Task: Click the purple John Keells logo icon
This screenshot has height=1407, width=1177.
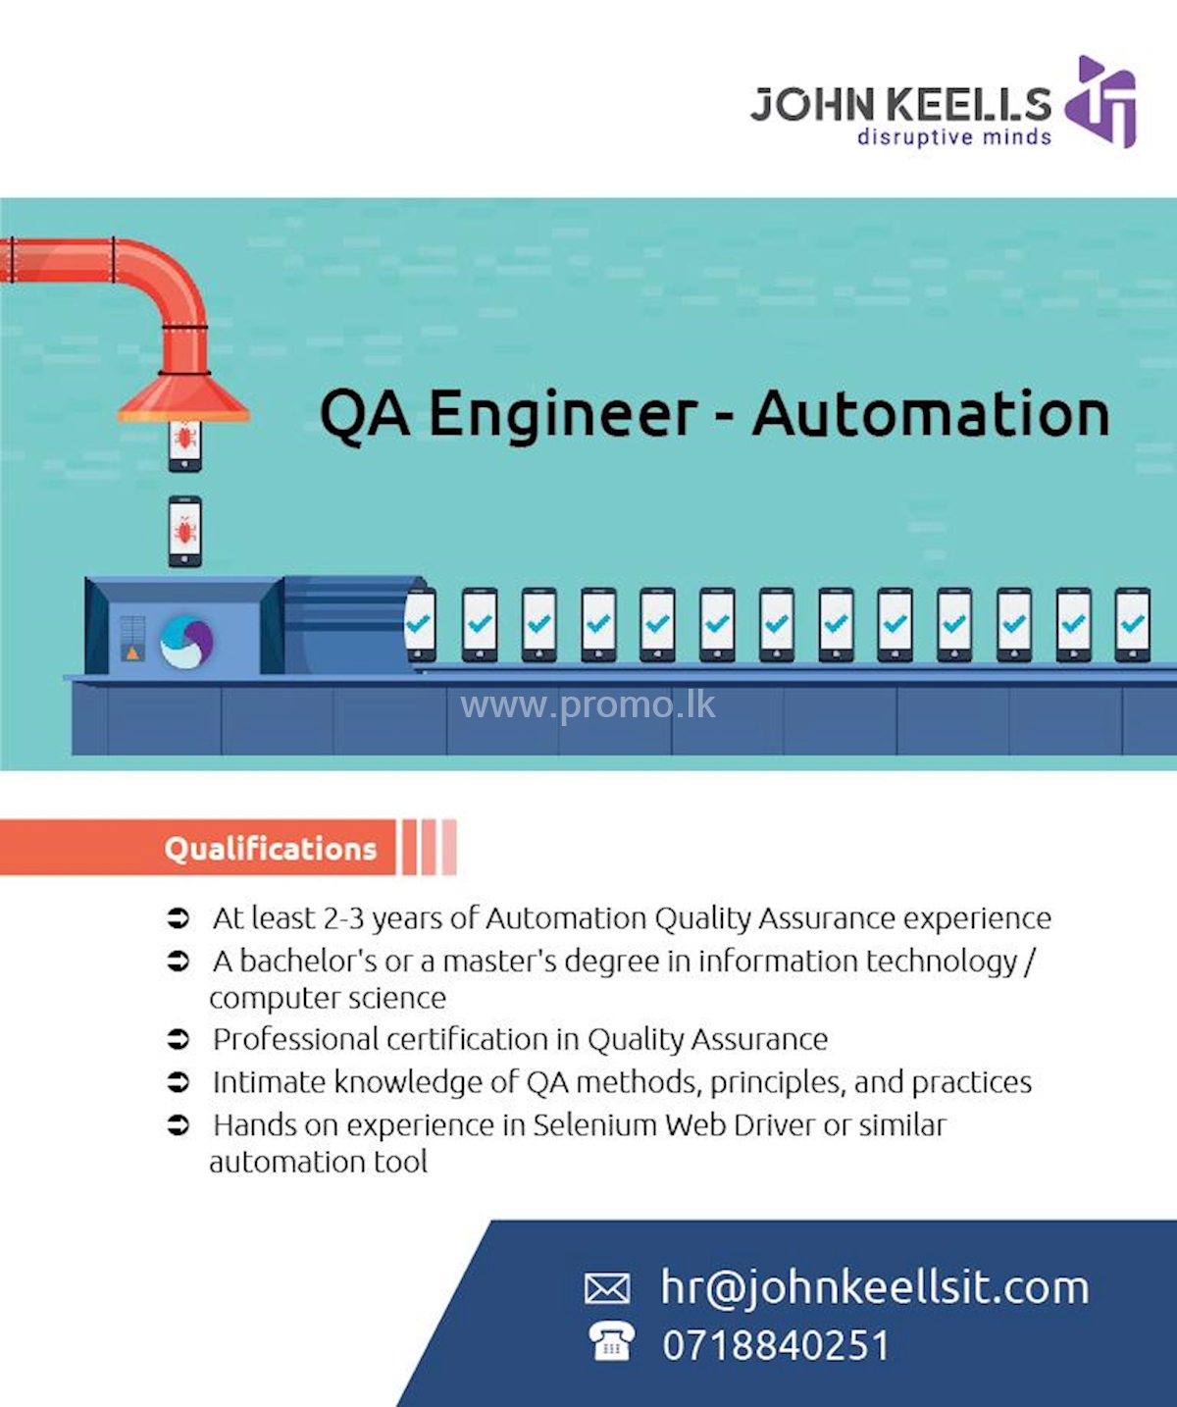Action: click(1102, 101)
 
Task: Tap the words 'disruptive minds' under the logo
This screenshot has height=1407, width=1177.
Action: click(953, 137)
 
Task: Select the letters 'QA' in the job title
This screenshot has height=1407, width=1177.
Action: click(364, 414)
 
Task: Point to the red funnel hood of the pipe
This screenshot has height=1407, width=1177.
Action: click(183, 397)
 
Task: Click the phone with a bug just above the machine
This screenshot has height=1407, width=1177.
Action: click(184, 531)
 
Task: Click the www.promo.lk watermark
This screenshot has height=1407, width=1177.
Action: click(588, 704)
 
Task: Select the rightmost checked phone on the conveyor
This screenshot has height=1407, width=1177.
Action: click(1132, 624)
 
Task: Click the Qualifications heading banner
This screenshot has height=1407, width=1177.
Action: click(270, 848)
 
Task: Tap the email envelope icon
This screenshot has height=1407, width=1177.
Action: click(607, 1287)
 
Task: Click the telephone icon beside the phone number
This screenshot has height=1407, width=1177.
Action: click(611, 1341)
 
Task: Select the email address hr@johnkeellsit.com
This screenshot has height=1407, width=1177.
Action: click(874, 1287)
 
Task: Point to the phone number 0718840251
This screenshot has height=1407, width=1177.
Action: click(775, 1345)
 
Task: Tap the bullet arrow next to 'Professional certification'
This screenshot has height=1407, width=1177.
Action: click(178, 1038)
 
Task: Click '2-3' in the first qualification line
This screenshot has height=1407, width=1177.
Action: click(343, 918)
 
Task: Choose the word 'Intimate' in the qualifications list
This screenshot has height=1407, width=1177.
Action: click(269, 1081)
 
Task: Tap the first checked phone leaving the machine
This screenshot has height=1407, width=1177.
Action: click(420, 624)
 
